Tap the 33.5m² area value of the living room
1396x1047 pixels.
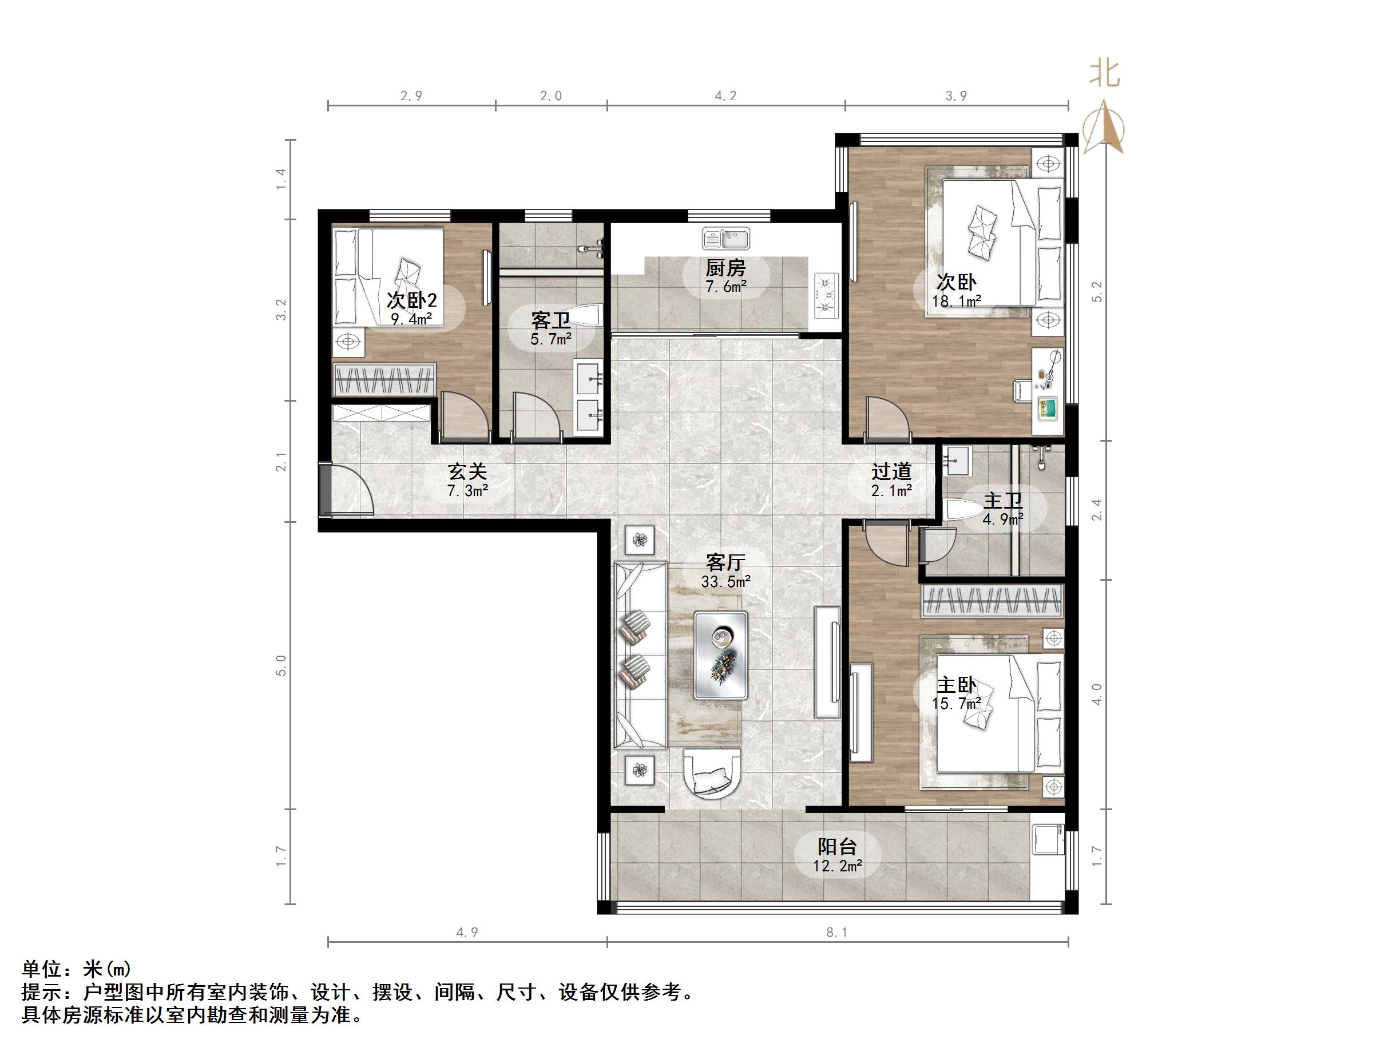coord(726,581)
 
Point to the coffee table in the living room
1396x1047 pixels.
coord(721,655)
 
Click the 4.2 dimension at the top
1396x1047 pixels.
coord(726,96)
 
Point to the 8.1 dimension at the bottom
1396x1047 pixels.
coord(837,932)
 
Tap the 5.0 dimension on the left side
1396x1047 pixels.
coord(281,665)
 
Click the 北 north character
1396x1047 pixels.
coord(1104,74)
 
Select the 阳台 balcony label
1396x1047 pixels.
coord(837,846)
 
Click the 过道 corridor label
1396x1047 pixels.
coord(891,471)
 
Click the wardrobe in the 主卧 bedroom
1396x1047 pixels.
coord(992,600)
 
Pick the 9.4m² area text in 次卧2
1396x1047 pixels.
coord(411,319)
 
